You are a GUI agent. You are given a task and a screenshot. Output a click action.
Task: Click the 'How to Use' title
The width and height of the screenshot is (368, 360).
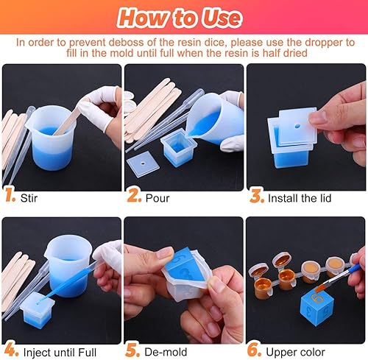(183, 17)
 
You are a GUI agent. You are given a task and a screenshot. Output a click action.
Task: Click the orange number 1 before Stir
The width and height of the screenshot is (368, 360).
(10, 198)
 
